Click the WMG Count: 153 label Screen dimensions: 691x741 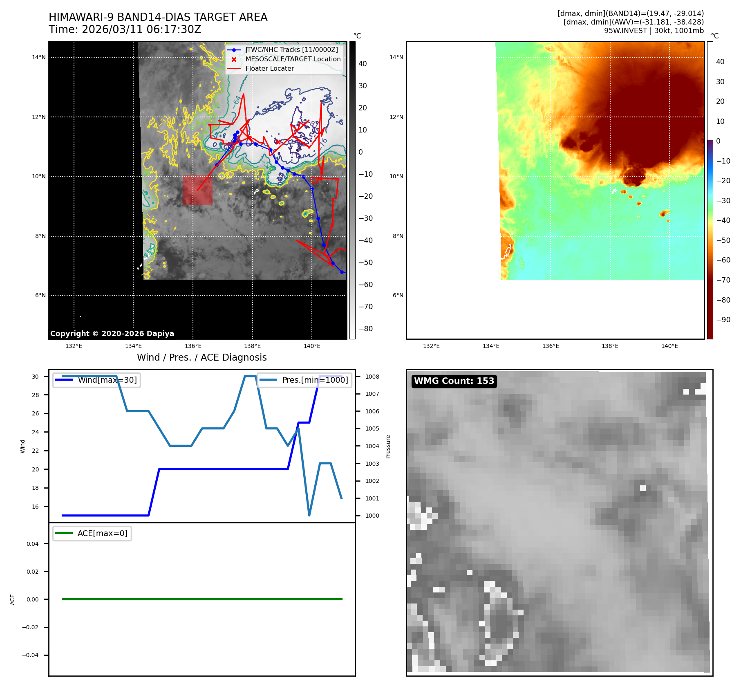click(x=454, y=381)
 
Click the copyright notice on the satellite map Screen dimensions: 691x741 click(x=112, y=334)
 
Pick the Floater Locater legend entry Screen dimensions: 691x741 click(x=269, y=69)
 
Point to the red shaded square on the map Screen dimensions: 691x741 click(x=197, y=191)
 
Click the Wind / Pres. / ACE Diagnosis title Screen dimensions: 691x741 click(x=201, y=357)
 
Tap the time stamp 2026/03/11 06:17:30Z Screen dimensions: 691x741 click(x=141, y=29)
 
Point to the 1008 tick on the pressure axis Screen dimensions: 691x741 click(x=372, y=377)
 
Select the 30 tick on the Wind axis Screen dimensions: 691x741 click(x=36, y=377)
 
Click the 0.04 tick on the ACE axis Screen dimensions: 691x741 click(x=33, y=544)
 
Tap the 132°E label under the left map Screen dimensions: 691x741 click(x=74, y=346)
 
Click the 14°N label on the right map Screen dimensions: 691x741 click(x=396, y=57)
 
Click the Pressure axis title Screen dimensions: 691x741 click(x=388, y=446)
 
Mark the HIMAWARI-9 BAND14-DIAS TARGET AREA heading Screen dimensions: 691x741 click(x=158, y=17)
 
